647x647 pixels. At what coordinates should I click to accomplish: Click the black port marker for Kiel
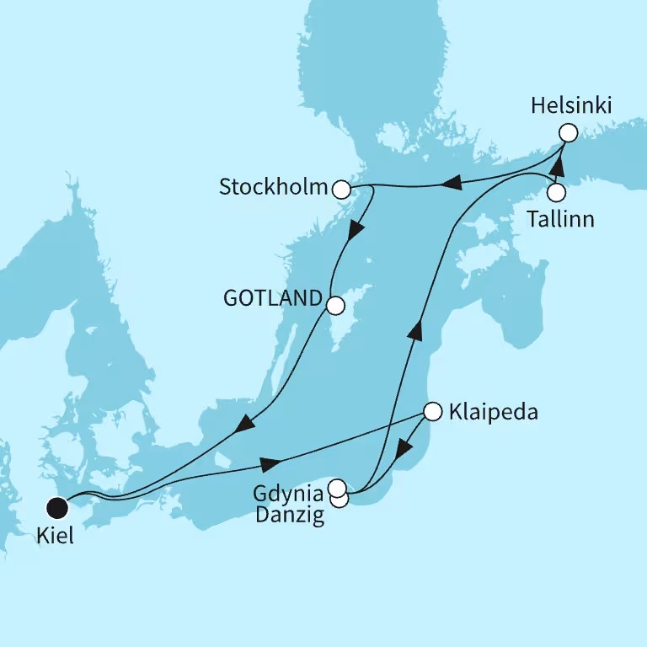[x=57, y=507]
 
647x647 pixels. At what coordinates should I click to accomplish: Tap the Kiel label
[x=54, y=536]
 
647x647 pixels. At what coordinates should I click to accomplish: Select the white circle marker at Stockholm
[x=341, y=190]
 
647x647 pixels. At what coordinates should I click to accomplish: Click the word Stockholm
[x=273, y=186]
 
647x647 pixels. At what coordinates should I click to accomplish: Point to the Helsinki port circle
[x=568, y=133]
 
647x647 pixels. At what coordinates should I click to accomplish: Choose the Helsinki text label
[x=572, y=106]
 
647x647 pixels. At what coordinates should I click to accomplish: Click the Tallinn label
[x=560, y=219]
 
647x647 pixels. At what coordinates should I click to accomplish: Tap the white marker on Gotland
[x=335, y=304]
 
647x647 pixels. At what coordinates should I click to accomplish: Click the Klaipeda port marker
[x=432, y=412]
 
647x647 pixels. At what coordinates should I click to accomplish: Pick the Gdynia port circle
[x=337, y=487]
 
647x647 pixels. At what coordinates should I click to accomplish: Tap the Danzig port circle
[x=340, y=499]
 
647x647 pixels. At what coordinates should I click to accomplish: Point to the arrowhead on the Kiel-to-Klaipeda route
[x=270, y=464]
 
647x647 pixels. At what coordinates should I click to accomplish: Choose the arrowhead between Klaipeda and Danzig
[x=405, y=447]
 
